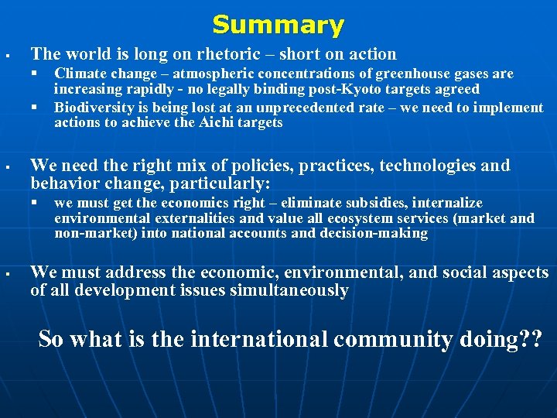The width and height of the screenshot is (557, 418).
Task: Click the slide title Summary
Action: point(278,25)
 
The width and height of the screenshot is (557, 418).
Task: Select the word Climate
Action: point(80,74)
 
